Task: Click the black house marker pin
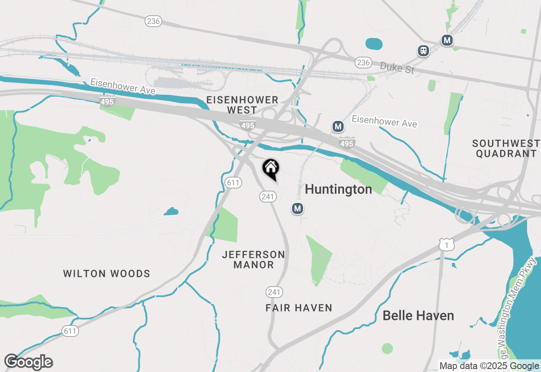click(x=271, y=169)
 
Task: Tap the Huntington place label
click(x=339, y=189)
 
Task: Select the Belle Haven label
click(x=418, y=315)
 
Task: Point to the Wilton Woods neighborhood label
click(x=107, y=274)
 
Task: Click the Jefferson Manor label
click(x=254, y=260)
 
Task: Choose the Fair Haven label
click(x=299, y=308)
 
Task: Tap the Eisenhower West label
click(x=242, y=105)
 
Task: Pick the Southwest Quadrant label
click(x=506, y=148)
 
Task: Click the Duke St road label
click(x=397, y=67)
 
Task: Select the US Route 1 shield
click(x=446, y=244)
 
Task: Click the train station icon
click(x=423, y=51)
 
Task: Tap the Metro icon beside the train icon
click(x=447, y=41)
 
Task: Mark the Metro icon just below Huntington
click(x=298, y=208)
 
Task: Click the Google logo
click(x=29, y=362)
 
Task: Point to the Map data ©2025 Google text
click(x=489, y=366)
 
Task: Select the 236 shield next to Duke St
click(x=363, y=63)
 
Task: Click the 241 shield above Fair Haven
click(x=274, y=292)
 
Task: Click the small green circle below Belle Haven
click(x=387, y=348)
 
